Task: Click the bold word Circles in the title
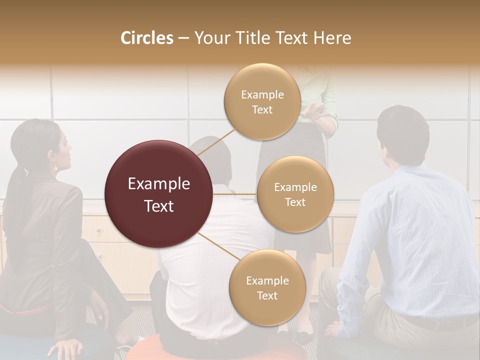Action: point(146,38)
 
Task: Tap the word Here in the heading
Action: point(332,38)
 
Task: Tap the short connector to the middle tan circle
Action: point(235,194)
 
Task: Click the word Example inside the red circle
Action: point(158,184)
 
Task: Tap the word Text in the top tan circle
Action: point(262,110)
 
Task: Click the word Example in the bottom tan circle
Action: point(267,280)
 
